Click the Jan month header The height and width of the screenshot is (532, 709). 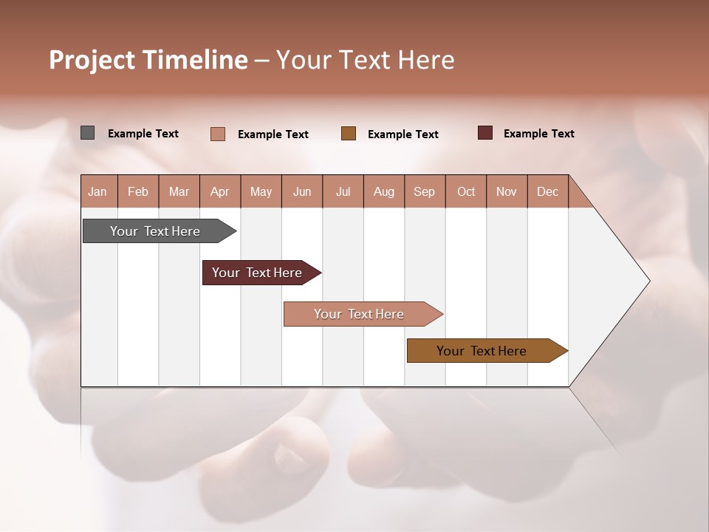point(97,192)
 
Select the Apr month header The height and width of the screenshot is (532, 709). point(220,192)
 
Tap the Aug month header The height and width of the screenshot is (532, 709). point(384,192)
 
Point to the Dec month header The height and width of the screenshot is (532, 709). point(547,192)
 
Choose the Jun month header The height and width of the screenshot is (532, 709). point(302,192)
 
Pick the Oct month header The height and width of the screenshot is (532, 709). point(466,192)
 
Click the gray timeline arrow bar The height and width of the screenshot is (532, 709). point(156,231)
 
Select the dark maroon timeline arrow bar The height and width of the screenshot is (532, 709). point(258,273)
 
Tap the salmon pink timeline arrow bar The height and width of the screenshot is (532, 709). point(360,314)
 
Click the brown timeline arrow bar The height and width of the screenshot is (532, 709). point(482,351)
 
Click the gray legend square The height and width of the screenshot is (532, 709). point(87,133)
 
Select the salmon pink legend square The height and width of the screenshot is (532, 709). point(217,134)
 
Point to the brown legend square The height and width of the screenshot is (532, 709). point(349,133)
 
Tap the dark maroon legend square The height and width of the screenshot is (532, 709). point(485,133)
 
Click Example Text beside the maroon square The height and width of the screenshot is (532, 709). point(538,134)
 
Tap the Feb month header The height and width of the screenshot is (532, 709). point(138,192)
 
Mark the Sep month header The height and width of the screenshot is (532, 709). point(425,192)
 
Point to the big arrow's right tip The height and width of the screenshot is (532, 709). point(648,281)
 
